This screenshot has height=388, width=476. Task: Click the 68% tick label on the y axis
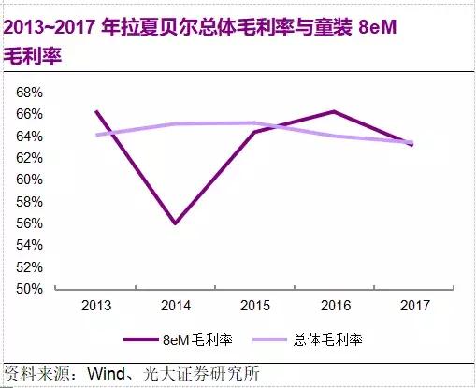pyautogui.click(x=30, y=93)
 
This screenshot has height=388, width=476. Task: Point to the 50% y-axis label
pyautogui.click(x=30, y=289)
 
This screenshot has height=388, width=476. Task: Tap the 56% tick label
pyautogui.click(x=30, y=223)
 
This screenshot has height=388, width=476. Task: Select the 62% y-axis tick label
pyautogui.click(x=30, y=158)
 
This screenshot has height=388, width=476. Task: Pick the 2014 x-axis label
pyautogui.click(x=175, y=306)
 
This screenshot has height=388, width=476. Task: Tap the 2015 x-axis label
pyautogui.click(x=253, y=306)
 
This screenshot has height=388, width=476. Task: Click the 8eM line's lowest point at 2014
pyautogui.click(x=175, y=223)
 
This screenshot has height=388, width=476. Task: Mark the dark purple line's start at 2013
pyautogui.click(x=96, y=111)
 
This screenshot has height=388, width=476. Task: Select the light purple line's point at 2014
pyautogui.click(x=175, y=123)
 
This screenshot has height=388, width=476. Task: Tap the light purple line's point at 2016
pyautogui.click(x=333, y=136)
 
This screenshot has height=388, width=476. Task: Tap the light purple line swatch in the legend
pyautogui.click(x=271, y=338)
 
